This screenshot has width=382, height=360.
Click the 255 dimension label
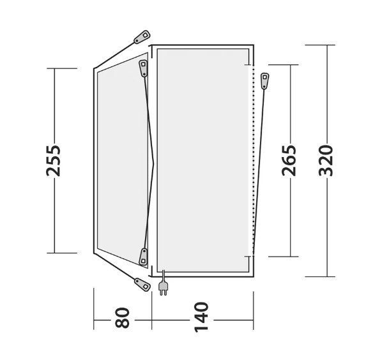click(53, 161)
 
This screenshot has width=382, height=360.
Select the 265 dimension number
click(289, 161)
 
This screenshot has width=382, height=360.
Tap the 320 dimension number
click(326, 161)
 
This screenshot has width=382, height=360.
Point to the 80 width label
click(122, 318)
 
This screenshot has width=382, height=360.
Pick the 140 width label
click(201, 317)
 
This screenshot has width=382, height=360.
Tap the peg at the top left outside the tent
click(142, 37)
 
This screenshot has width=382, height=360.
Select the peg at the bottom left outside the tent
click(142, 285)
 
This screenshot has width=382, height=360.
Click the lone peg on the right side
click(264, 81)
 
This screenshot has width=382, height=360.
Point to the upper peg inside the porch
click(144, 68)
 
